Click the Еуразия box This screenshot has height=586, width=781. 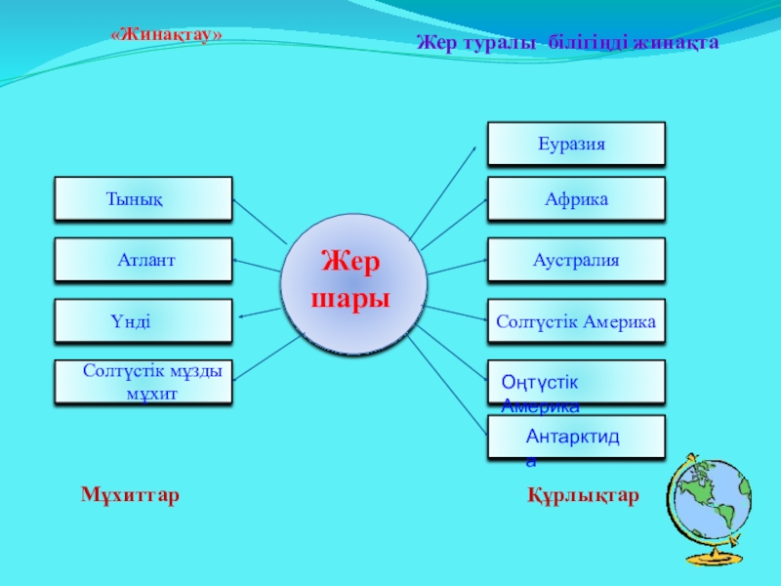576,144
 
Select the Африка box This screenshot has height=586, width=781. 576,199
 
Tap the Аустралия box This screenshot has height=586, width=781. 576,260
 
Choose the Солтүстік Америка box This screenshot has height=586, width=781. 576,321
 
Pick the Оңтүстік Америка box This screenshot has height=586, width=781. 576,382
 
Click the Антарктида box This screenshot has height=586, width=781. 576,437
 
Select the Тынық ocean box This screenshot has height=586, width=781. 144,198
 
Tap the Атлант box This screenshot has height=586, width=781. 144,260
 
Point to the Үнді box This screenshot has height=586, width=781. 144,321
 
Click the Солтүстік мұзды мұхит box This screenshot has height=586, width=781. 144,382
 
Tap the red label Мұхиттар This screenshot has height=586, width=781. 130,496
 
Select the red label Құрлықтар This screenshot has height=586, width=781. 583,497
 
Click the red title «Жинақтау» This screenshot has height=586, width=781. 167,35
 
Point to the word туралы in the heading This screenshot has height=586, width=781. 495,43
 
